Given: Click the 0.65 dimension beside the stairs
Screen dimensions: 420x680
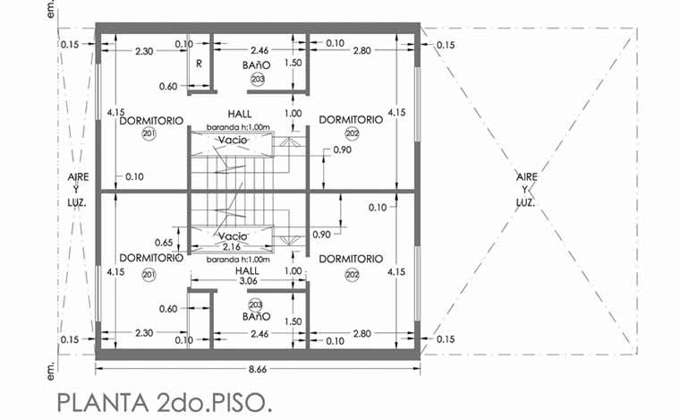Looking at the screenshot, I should click(163, 243).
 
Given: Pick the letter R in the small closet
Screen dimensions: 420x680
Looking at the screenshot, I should click(199, 64).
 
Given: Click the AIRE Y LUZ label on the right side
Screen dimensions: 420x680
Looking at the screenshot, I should click(527, 190).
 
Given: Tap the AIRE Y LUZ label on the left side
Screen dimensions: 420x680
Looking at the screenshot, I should click(78, 190).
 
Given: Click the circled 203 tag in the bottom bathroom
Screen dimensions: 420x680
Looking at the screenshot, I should click(255, 304).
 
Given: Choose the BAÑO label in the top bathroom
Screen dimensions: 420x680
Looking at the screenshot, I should click(257, 66).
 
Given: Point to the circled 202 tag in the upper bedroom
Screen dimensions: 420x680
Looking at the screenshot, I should click(352, 134).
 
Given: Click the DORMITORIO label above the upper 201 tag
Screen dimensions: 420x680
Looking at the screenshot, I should click(150, 119).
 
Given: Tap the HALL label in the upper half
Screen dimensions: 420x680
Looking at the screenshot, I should click(240, 115).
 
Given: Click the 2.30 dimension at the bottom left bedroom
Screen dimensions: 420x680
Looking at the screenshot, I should click(143, 333).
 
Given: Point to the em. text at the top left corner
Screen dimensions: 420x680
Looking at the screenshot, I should click(51, 10).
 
